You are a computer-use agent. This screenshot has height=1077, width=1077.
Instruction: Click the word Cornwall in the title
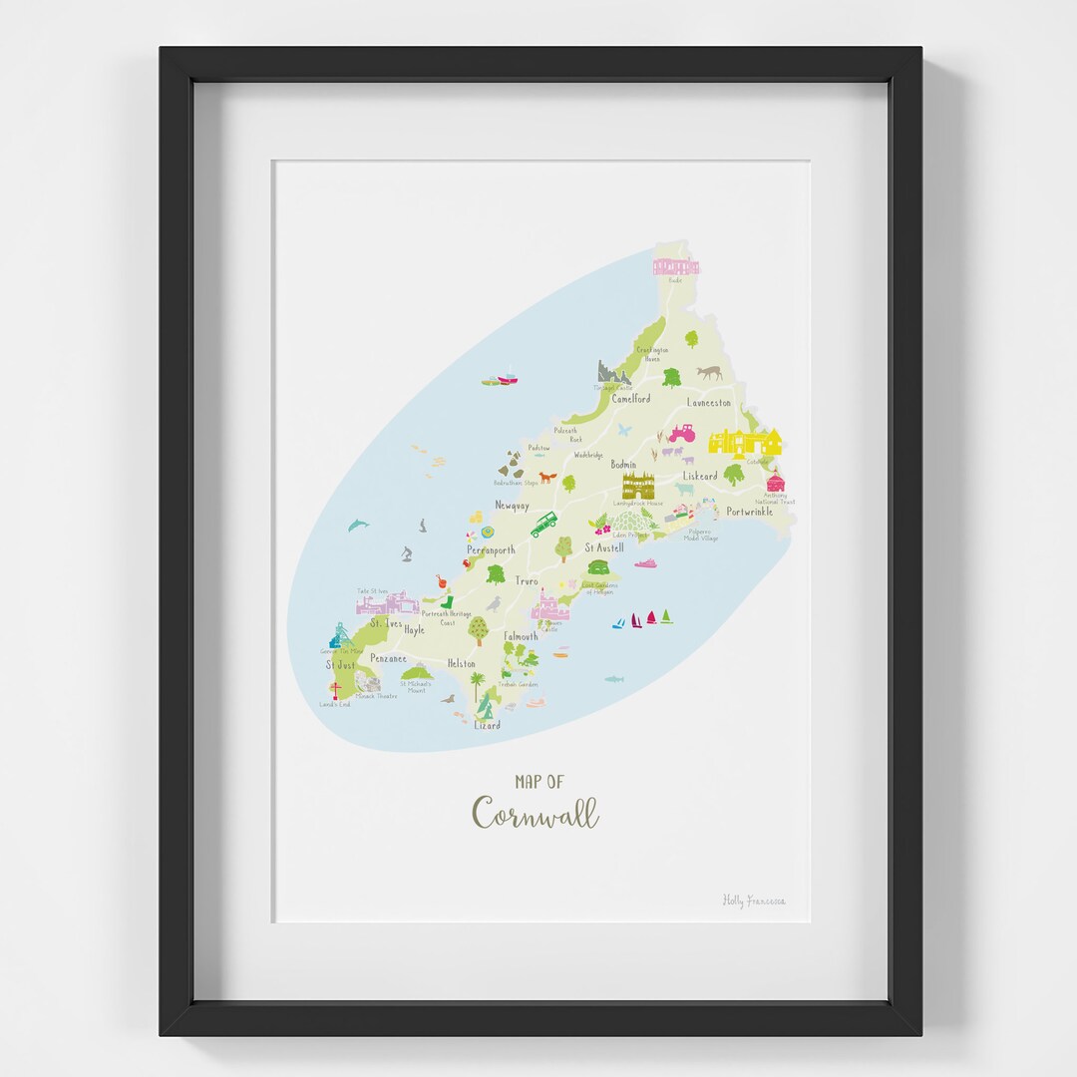(536, 813)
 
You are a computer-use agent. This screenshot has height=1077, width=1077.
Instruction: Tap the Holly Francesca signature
(754, 900)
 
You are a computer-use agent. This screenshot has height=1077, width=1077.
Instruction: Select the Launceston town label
(708, 403)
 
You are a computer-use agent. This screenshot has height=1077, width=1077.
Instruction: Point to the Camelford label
(630, 399)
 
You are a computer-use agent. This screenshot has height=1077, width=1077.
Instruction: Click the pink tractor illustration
(681, 433)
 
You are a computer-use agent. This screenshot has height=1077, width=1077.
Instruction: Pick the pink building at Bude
(675, 265)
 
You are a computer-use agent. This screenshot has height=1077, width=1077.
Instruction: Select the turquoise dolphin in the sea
(357, 525)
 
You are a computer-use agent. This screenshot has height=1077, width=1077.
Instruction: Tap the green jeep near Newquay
(543, 525)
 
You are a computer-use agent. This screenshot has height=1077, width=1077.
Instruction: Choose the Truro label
(527, 580)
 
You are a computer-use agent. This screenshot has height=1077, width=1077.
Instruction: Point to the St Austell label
(603, 547)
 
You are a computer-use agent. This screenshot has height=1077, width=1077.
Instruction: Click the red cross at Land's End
(336, 690)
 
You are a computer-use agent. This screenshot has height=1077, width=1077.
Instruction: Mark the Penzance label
(388, 658)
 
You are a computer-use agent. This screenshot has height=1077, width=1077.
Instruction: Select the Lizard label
(487, 725)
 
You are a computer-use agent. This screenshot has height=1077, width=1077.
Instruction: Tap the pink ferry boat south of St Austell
(646, 564)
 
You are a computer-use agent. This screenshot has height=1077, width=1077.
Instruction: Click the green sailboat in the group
(665, 617)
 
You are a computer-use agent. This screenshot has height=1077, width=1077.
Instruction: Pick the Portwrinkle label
(749, 512)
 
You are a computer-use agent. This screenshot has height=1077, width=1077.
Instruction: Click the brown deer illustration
(709, 373)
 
